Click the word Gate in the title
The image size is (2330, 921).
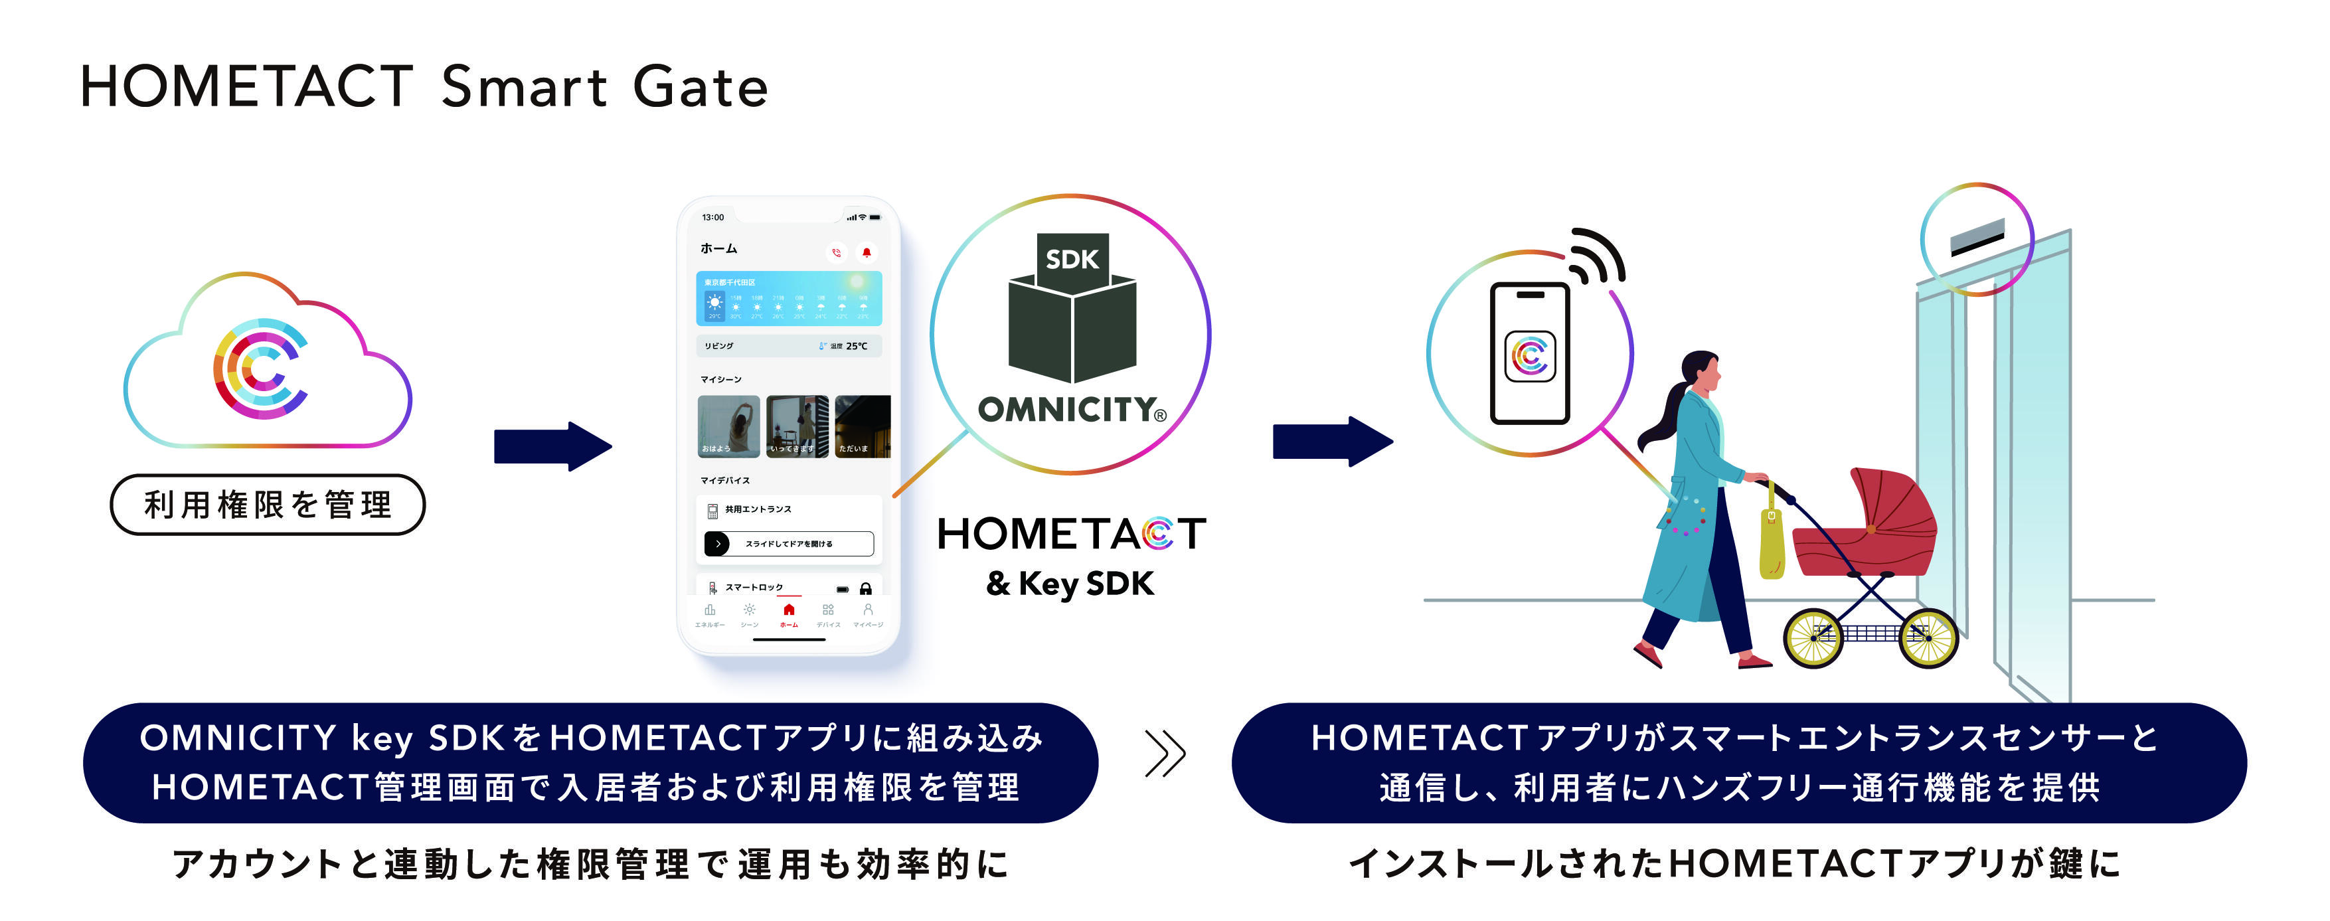(700, 88)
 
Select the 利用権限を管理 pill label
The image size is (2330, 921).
(268, 505)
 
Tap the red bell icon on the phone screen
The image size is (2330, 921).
(866, 252)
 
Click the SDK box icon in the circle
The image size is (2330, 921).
(1072, 312)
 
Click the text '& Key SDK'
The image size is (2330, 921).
(1070, 584)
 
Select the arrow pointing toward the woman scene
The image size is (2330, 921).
(1331, 442)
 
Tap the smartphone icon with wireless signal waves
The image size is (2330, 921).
(1531, 353)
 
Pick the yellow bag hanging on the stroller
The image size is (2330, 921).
(1771, 543)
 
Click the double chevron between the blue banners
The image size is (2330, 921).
(1165, 753)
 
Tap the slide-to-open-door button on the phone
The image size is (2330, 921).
(789, 544)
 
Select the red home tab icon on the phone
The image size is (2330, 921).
(789, 611)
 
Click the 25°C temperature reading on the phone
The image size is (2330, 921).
(856, 345)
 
